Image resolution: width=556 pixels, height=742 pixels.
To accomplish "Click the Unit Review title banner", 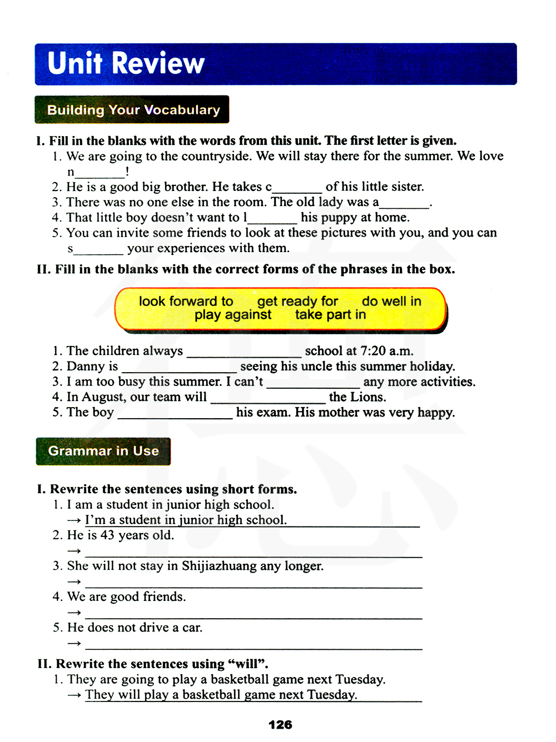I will (276, 64).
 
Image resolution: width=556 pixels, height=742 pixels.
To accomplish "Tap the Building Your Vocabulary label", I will (132, 109).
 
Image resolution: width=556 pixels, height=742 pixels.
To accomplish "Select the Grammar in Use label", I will (103, 451).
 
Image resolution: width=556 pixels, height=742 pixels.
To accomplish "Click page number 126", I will (280, 725).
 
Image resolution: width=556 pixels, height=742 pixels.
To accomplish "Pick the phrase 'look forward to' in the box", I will (186, 301).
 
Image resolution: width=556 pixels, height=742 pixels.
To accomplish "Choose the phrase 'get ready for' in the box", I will (297, 301).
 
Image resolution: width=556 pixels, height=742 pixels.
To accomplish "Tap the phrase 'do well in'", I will (391, 301).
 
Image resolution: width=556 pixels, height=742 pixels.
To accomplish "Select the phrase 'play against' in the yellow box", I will (232, 315).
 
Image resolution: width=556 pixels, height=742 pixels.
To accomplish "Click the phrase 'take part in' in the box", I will (330, 315).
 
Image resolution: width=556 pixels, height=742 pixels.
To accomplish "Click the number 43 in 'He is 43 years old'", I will (107, 535).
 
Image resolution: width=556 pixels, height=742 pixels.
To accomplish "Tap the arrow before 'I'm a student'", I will (74, 521).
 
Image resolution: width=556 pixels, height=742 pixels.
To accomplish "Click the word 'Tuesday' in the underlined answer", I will (332, 695).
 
